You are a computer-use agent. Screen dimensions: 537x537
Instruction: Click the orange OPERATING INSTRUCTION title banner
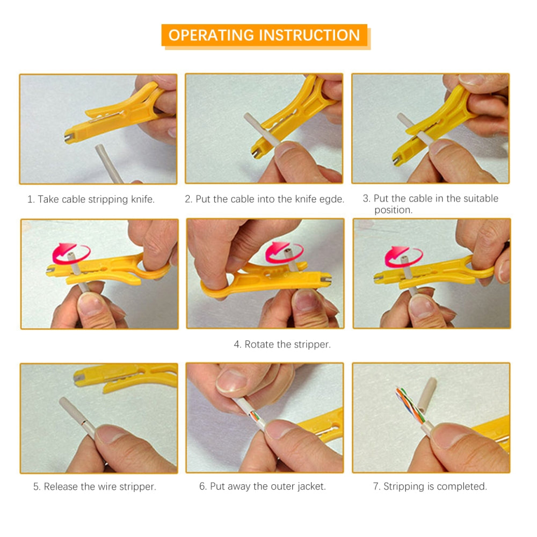(264, 35)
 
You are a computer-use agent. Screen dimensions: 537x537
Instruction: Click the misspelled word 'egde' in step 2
(331, 199)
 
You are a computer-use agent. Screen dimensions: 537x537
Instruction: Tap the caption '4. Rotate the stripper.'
(282, 344)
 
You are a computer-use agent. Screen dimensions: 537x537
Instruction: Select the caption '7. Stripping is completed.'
(430, 487)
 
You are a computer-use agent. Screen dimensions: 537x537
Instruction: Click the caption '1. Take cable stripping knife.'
(91, 199)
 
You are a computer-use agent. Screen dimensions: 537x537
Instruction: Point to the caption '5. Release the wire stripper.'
(95, 487)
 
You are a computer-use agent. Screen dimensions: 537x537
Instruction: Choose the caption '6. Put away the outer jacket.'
(262, 487)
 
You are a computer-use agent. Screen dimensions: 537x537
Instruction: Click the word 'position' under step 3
(393, 210)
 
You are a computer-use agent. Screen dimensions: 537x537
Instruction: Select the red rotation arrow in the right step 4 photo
(403, 255)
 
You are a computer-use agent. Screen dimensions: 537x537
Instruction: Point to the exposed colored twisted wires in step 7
(409, 404)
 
